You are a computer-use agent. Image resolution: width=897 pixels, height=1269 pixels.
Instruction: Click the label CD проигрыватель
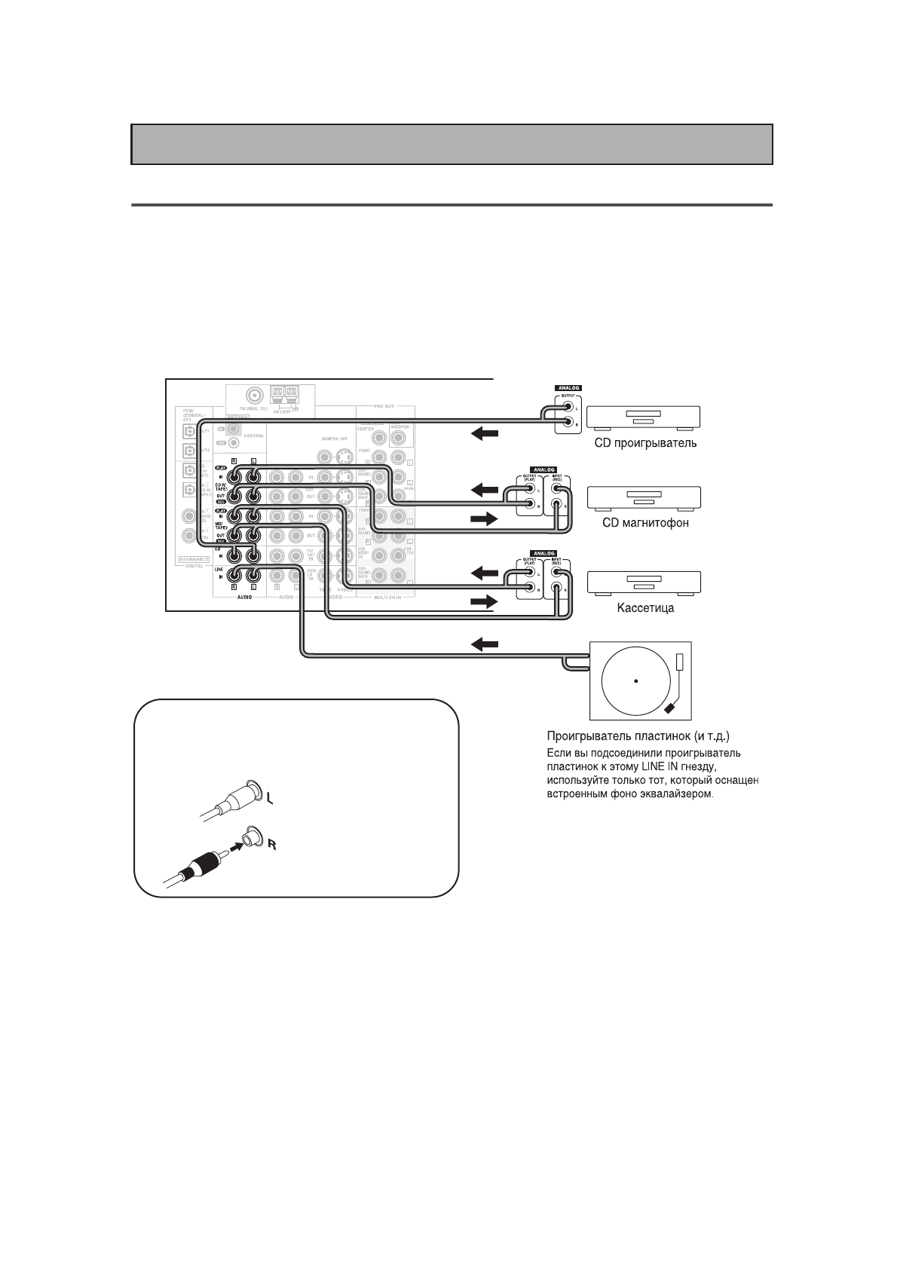[645, 443]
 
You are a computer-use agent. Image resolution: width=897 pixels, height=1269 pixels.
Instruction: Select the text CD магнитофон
[645, 523]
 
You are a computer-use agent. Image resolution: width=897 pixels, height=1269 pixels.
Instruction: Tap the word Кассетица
[644, 608]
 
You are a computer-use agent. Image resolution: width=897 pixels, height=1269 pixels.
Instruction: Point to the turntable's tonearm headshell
[671, 709]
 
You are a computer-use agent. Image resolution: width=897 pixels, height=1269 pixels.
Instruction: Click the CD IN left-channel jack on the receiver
[253, 556]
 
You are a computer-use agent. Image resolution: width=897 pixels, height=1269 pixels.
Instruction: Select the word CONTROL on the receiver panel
[253, 436]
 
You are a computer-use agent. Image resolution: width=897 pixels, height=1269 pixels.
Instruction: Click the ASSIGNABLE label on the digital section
[192, 558]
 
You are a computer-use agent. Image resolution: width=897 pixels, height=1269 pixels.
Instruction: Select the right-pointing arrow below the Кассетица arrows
[484, 601]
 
